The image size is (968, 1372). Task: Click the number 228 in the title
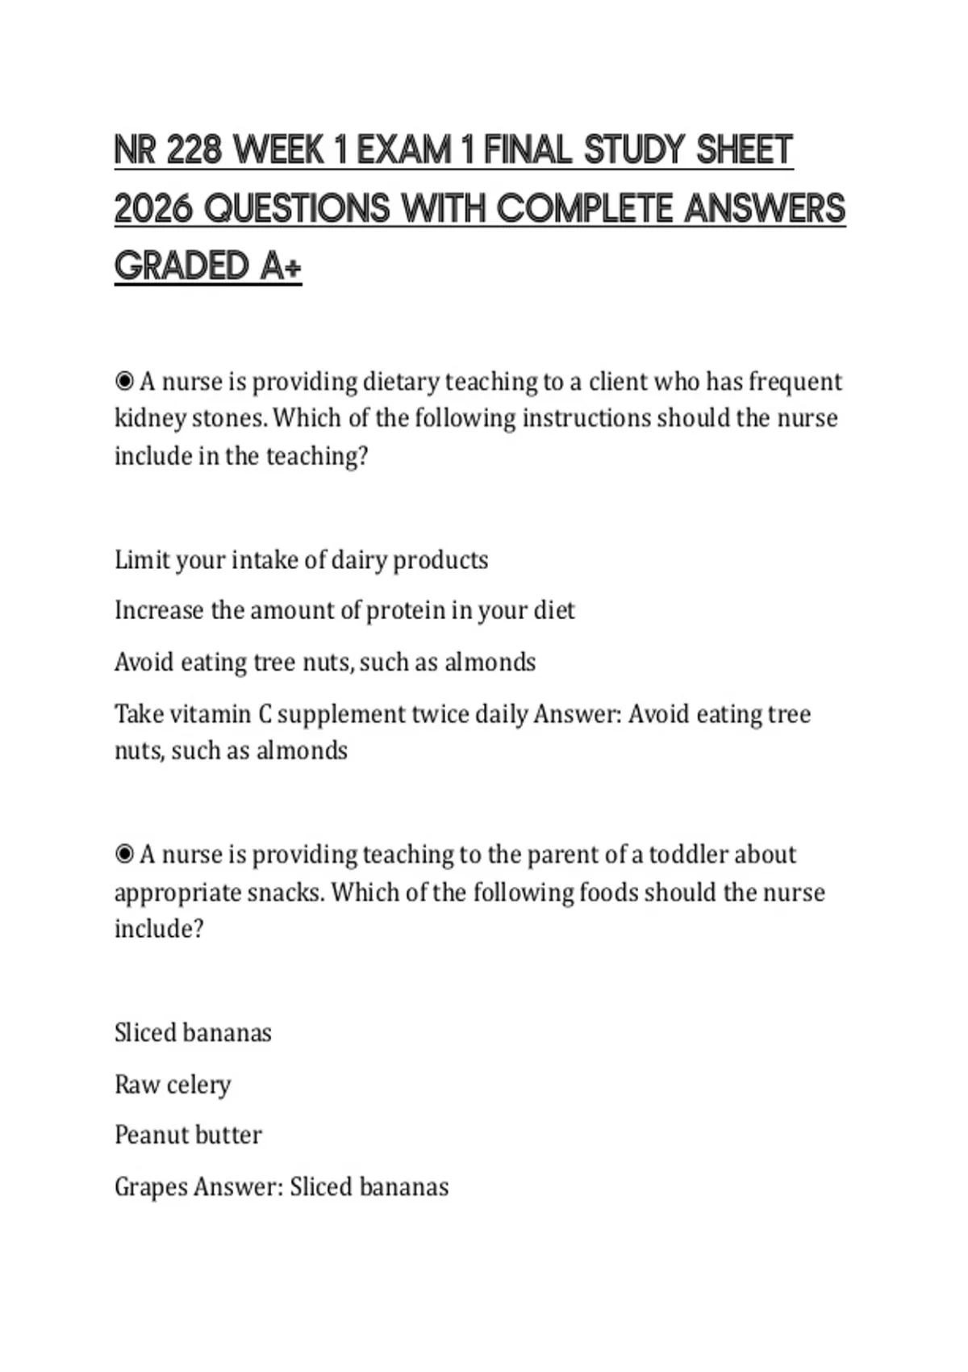(194, 150)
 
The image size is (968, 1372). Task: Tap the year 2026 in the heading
(154, 208)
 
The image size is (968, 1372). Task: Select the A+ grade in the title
(281, 266)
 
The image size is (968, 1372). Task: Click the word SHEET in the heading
(745, 150)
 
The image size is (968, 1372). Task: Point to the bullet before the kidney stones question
(124, 380)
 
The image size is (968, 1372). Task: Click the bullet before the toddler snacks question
(124, 854)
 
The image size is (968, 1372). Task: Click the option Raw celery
(173, 1084)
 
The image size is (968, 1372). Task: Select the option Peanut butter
(188, 1135)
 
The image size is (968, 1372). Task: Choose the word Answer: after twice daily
(577, 713)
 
